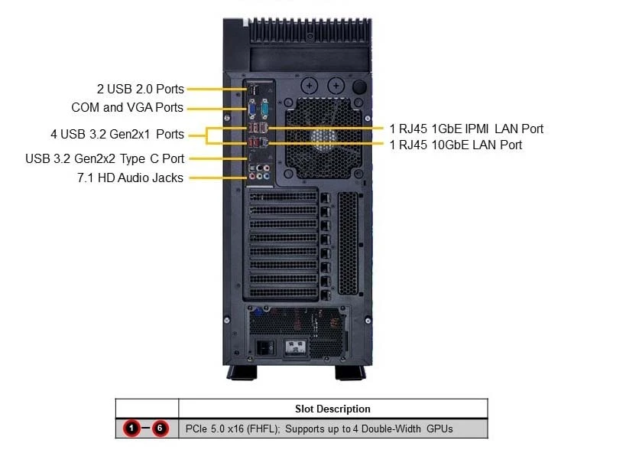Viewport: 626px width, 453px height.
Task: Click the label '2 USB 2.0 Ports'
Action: [x=141, y=89]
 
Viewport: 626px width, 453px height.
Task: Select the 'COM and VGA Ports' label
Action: [x=128, y=108]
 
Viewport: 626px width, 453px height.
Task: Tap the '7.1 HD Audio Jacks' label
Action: [x=130, y=178]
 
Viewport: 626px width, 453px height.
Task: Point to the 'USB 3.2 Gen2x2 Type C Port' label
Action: [x=105, y=158]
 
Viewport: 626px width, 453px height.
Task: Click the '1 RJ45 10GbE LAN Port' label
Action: [x=456, y=145]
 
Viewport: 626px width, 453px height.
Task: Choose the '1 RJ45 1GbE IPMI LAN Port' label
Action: [x=466, y=129]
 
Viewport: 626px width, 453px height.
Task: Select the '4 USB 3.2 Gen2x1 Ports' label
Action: [x=118, y=134]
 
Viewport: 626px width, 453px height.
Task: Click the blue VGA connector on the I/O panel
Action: [x=252, y=109]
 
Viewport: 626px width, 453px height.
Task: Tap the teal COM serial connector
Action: [x=264, y=109]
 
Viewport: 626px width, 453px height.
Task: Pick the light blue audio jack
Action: [x=266, y=175]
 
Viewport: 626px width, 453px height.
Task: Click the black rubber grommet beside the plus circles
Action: [x=359, y=86]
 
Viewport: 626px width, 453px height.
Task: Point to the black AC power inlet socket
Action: [x=265, y=347]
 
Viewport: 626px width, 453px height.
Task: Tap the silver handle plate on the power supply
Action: [x=296, y=347]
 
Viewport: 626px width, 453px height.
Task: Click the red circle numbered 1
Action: [x=131, y=429]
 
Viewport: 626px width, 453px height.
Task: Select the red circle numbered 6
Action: [x=160, y=429]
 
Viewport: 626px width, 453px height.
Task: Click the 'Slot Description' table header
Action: [x=332, y=409]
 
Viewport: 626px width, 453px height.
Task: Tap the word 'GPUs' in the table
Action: [x=439, y=429]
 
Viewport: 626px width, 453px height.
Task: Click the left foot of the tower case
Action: [x=242, y=372]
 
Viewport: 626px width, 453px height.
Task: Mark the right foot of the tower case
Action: [x=350, y=372]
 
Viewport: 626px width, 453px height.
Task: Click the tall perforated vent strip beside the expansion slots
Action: [x=348, y=243]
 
